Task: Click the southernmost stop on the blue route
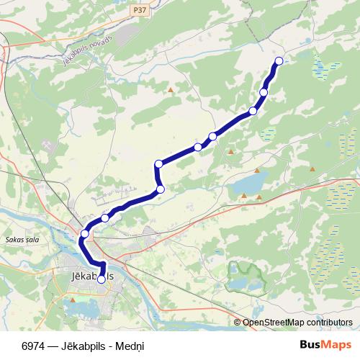click(101, 279)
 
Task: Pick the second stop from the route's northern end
click(264, 92)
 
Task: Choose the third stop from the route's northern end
click(253, 111)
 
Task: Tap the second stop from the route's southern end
click(85, 233)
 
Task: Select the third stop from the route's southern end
click(105, 217)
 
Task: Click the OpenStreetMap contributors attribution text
click(297, 323)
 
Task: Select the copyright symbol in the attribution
click(238, 323)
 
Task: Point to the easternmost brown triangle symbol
click(312, 168)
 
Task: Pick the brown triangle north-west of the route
click(171, 90)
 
